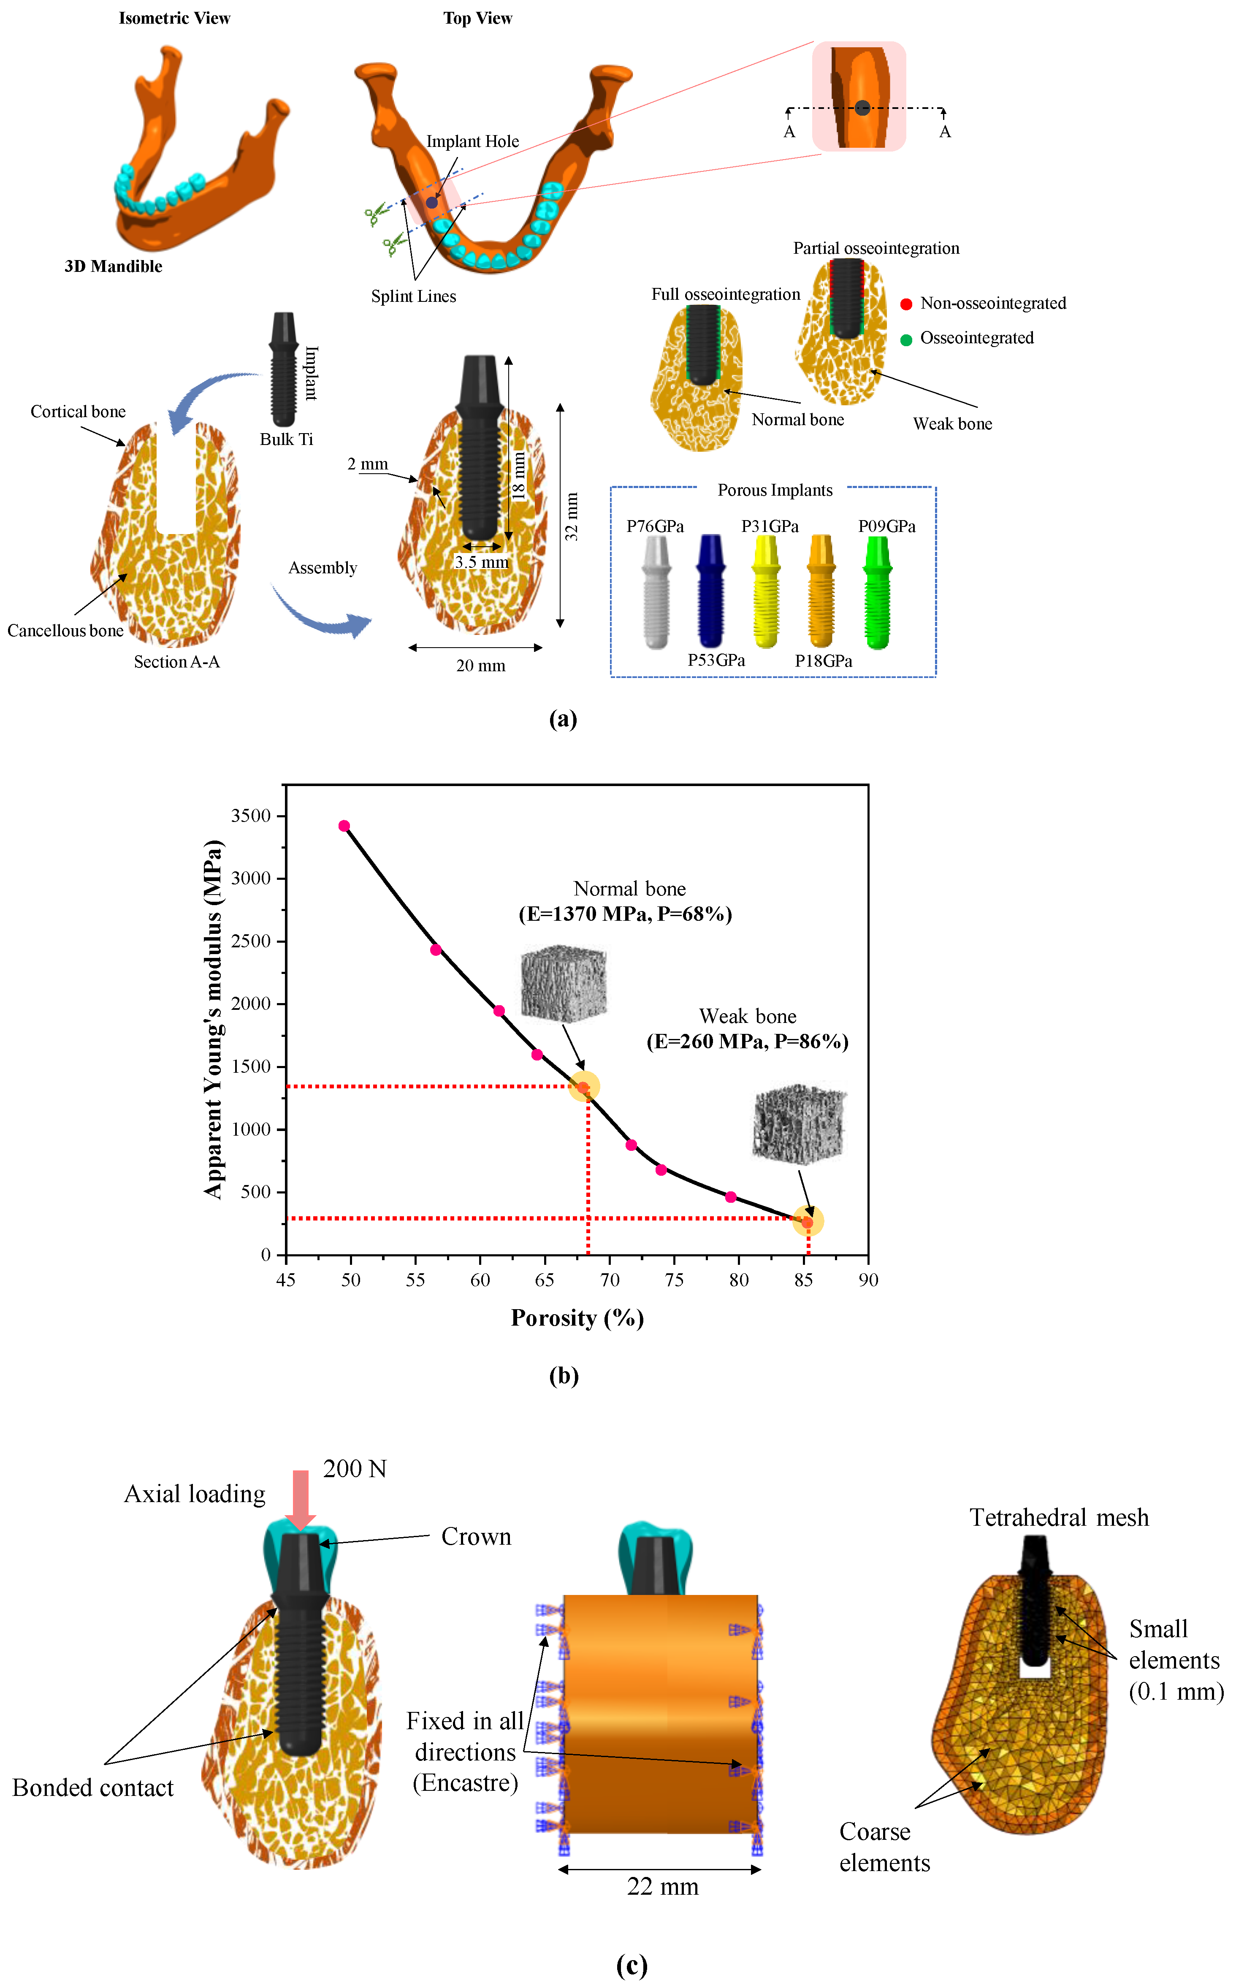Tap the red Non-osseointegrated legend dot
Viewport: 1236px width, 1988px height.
[x=906, y=304]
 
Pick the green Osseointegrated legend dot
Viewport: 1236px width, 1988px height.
[x=906, y=339]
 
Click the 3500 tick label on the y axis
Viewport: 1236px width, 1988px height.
[x=251, y=816]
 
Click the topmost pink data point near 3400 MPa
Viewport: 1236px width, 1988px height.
[x=344, y=826]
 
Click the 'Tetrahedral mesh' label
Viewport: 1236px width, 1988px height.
[x=1059, y=1518]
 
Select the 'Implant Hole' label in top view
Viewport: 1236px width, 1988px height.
[x=472, y=141]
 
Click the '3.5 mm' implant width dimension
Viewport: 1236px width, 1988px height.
[x=482, y=562]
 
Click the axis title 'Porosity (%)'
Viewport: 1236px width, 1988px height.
[x=577, y=1318]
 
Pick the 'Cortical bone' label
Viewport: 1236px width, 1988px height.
[x=79, y=411]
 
